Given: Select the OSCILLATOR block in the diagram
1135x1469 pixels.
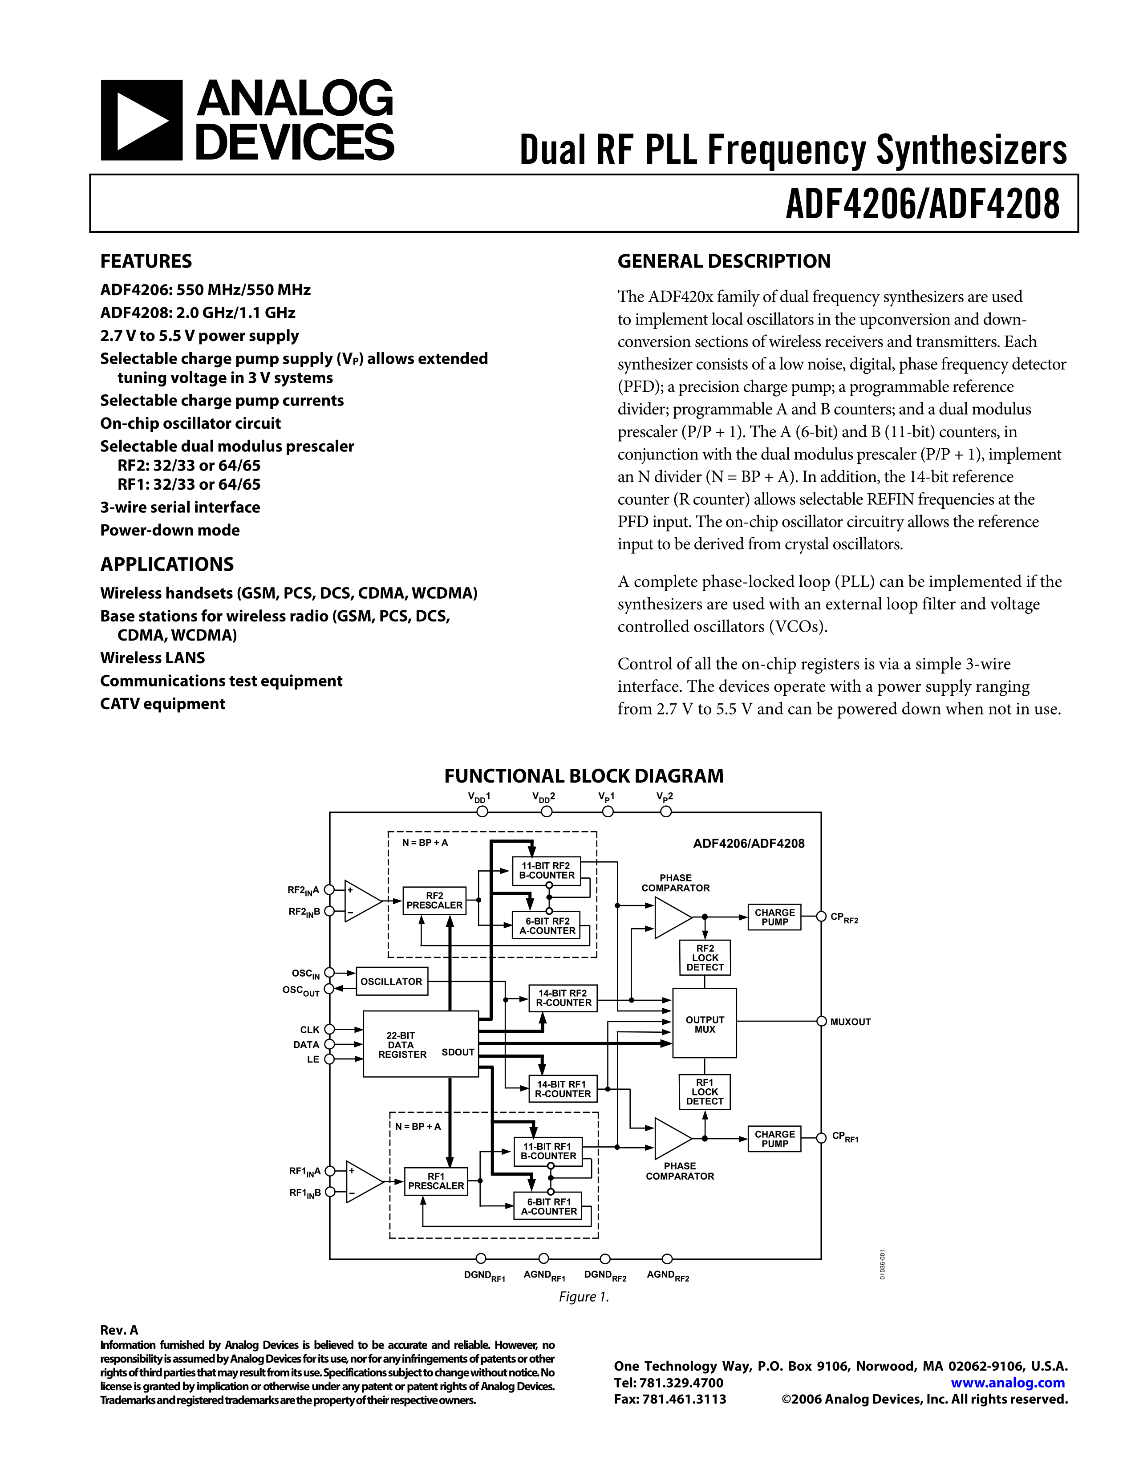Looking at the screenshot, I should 391,982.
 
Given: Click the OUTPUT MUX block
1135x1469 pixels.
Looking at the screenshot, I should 705,1024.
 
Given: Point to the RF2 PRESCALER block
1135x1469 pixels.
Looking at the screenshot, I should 434,901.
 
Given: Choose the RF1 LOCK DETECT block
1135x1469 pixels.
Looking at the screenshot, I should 705,1092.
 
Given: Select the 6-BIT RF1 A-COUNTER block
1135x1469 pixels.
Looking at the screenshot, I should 549,1207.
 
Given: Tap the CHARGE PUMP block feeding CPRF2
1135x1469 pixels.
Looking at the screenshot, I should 774,917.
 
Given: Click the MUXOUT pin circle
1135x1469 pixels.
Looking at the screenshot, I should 821,1021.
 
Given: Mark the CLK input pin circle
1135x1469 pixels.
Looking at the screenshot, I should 329,1029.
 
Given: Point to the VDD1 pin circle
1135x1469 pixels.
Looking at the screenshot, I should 482,812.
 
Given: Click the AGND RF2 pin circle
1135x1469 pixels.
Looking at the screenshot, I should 667,1258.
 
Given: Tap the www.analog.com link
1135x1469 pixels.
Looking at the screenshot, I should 1007,1383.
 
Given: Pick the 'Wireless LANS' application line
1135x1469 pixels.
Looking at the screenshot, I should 153,658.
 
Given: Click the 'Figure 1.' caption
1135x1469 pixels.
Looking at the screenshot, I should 584,1297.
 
